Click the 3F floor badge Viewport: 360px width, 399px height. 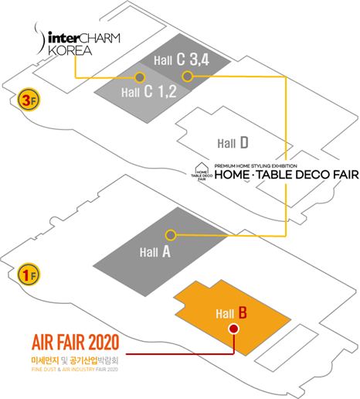click(x=29, y=100)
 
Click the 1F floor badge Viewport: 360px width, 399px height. click(x=29, y=275)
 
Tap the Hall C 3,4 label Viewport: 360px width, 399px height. click(x=182, y=60)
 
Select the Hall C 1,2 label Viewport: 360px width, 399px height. click(x=149, y=91)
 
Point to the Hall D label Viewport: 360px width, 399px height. click(x=233, y=143)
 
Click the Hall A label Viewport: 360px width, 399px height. click(x=155, y=251)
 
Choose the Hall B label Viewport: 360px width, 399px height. click(x=231, y=312)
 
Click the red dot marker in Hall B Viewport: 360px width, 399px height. click(x=233, y=329)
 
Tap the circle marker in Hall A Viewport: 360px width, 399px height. click(x=170, y=235)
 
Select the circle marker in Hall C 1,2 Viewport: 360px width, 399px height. click(x=140, y=77)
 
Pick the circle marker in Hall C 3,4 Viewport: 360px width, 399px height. click(x=187, y=77)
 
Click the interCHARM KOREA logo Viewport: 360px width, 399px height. click(x=77, y=39)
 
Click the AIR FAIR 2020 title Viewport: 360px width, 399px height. click(x=75, y=342)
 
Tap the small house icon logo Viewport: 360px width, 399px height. click(x=202, y=172)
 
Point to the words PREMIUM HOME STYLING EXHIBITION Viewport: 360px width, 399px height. click(x=256, y=166)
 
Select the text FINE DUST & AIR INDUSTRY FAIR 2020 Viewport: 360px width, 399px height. click(x=75, y=370)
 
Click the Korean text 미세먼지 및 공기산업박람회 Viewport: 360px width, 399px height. click(x=75, y=360)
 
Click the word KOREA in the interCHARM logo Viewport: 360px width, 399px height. click(x=70, y=50)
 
